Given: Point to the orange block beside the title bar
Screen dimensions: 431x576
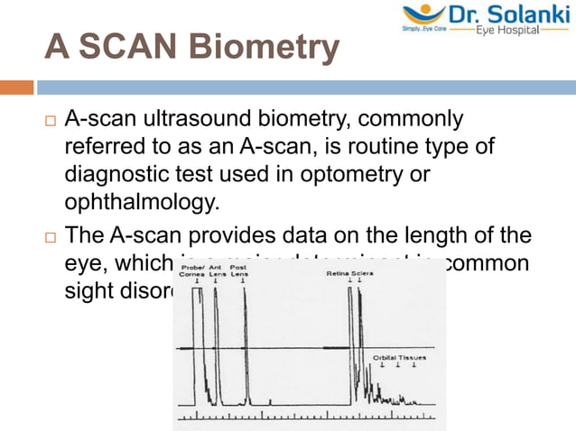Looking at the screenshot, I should [x=17, y=87].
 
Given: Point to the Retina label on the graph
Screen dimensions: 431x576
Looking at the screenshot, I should [x=338, y=270].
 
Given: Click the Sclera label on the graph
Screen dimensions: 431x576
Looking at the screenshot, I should [x=362, y=270].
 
